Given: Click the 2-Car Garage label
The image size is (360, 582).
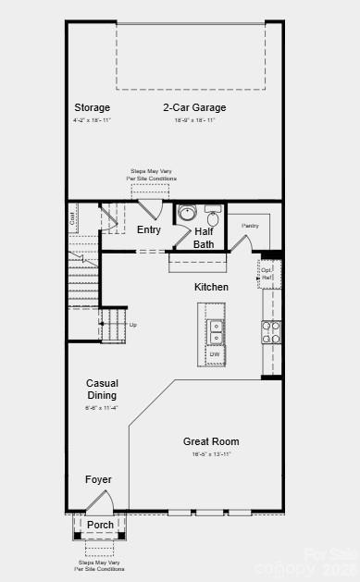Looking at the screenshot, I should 194,107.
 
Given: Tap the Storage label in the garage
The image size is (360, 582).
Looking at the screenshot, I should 93,107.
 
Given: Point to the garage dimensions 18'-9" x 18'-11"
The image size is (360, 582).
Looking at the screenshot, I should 194,120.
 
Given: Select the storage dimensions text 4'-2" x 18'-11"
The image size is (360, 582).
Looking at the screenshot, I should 93,120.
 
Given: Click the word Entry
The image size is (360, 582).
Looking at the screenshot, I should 149,229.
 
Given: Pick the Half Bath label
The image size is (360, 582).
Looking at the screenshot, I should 205,238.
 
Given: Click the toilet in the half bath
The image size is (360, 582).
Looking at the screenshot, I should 212,218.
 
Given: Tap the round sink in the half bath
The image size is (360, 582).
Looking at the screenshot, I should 186,212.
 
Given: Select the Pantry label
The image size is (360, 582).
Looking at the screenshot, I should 250,225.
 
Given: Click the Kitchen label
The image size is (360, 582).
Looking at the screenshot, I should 211,287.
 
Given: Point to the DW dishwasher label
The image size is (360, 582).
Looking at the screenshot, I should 215,354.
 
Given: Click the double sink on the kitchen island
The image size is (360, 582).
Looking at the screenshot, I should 215,327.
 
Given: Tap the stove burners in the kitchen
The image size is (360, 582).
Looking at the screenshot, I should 271,331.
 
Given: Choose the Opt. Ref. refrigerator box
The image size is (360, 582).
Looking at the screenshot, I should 267,273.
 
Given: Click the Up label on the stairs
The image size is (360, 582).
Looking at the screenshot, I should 133,325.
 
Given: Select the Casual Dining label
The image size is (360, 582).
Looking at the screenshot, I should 102,390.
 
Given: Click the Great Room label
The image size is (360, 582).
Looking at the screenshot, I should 211,441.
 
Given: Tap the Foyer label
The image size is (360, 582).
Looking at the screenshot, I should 99,479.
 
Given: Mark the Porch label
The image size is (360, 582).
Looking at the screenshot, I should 100,525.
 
